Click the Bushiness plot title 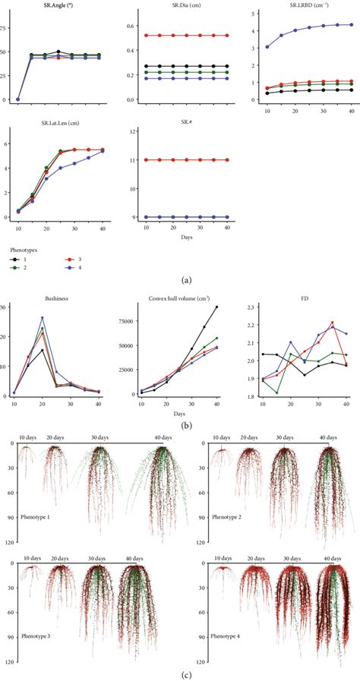[x=55, y=299]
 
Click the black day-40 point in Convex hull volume [x=218, y=307]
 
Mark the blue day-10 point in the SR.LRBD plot [x=267, y=47]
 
